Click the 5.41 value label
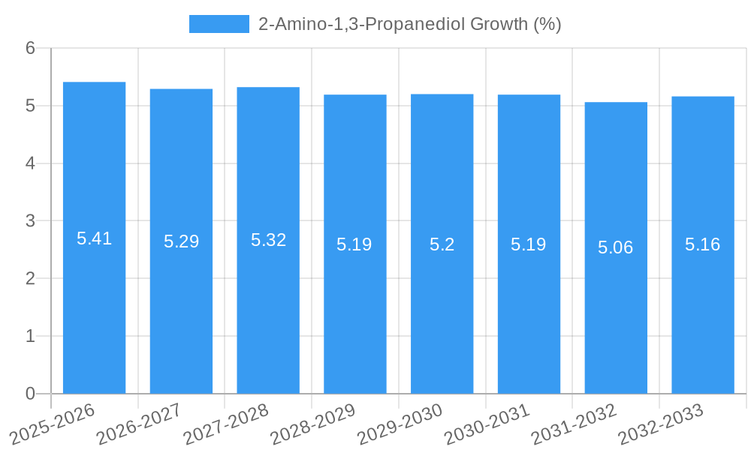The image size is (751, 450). click(94, 238)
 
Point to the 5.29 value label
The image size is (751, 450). click(181, 241)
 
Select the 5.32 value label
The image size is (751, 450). click(268, 240)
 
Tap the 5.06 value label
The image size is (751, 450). click(616, 247)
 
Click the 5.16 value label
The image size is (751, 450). click(703, 244)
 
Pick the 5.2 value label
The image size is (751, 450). click(442, 244)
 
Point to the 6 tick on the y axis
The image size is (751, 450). click(30, 48)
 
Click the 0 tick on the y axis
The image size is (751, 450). click(30, 394)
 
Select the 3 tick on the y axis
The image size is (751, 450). click(30, 221)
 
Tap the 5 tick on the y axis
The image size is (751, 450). click(30, 106)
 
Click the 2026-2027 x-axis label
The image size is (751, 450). click(140, 424)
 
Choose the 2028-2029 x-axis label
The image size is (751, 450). click(313, 424)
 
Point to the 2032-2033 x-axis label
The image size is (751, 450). click(661, 424)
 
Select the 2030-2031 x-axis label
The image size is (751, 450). click(487, 424)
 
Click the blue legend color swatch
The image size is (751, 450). click(219, 24)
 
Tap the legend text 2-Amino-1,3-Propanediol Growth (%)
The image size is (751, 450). click(409, 24)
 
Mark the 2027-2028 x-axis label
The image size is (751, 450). click(226, 424)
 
